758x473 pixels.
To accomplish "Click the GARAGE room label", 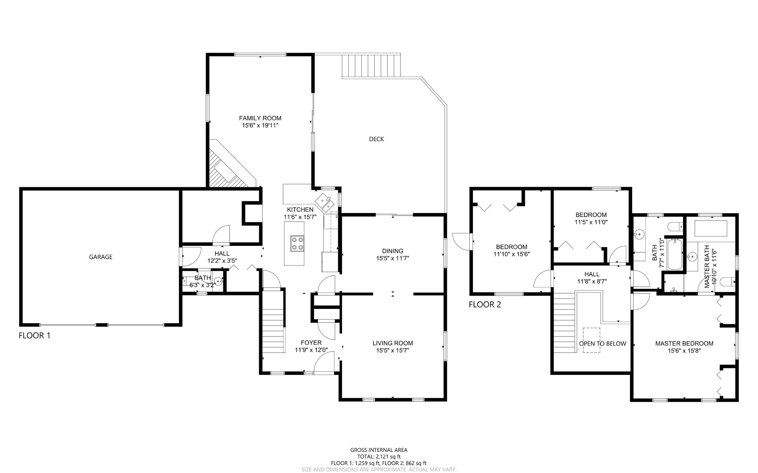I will (x=101, y=257).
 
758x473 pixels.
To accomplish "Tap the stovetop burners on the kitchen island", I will (x=297, y=243).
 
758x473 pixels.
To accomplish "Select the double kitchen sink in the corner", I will (x=324, y=202).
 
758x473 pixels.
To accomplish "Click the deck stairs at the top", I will (x=371, y=66).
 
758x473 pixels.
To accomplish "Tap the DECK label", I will (x=376, y=139).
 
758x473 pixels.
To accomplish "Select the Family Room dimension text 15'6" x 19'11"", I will (x=260, y=126).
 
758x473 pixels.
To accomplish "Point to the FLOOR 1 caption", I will (x=34, y=336).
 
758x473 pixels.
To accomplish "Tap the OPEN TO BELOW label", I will (x=602, y=343).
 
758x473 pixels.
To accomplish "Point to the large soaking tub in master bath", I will (x=711, y=228).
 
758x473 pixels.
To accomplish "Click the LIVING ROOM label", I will (x=392, y=343).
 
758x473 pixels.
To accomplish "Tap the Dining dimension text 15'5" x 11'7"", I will (x=392, y=258).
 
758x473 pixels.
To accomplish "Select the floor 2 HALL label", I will (x=591, y=274).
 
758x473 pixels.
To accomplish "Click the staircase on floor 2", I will (x=564, y=325).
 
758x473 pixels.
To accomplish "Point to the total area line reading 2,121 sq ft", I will (x=379, y=456).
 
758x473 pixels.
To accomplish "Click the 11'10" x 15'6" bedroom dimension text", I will (x=511, y=254).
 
